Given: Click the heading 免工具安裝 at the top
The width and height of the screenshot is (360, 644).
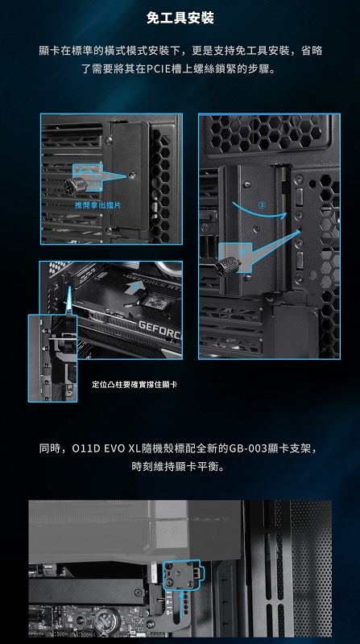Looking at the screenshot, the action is (180, 19).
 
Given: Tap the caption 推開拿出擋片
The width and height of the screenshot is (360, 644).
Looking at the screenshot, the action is (97, 205).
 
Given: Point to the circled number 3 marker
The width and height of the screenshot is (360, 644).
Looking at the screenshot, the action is (262, 205).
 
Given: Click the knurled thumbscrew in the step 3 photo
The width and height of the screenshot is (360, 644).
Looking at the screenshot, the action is (228, 266).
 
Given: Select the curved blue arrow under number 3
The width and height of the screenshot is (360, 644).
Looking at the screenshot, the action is (259, 212).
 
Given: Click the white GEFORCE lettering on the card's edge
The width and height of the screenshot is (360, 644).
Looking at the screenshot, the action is (159, 328).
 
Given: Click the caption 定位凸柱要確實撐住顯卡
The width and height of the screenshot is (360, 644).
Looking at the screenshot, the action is (134, 385).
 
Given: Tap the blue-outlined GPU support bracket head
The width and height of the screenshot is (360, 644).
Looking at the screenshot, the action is (182, 576).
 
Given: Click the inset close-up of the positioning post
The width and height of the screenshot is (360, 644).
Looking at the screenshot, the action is (52, 358).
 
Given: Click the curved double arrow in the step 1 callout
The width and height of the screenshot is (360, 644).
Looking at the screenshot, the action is (87, 171).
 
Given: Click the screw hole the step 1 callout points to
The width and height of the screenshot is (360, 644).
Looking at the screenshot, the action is (131, 175).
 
